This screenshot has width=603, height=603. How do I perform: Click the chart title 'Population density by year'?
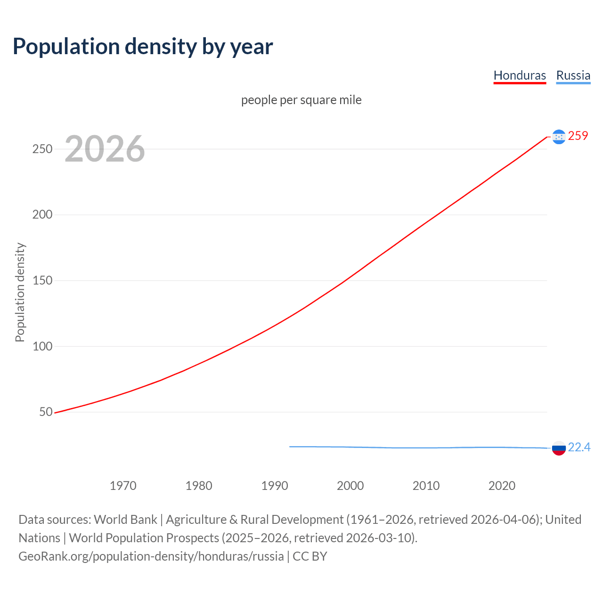click(143, 46)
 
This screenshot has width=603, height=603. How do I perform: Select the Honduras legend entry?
click(520, 75)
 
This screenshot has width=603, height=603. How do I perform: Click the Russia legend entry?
click(573, 75)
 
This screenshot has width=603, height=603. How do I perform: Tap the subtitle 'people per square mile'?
click(301, 100)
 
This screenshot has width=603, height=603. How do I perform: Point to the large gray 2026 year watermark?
click(105, 149)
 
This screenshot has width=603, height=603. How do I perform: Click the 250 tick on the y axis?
click(42, 149)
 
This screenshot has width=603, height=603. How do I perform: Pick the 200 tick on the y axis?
click(42, 215)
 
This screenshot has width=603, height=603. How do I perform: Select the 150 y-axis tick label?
click(42, 281)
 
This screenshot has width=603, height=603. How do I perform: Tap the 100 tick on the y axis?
click(42, 346)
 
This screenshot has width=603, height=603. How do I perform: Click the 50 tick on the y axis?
click(46, 412)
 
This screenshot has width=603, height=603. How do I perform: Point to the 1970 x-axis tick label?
click(123, 486)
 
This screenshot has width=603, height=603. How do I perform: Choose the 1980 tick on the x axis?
click(199, 486)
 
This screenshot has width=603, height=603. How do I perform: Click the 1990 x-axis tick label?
click(275, 486)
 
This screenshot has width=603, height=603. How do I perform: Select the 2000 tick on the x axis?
click(350, 486)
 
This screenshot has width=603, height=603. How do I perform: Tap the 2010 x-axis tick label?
click(426, 486)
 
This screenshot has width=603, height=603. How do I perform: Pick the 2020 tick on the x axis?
click(502, 486)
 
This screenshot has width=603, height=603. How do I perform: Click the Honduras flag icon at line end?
click(559, 137)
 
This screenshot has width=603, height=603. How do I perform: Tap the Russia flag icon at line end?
click(559, 448)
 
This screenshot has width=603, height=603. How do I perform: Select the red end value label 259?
click(578, 136)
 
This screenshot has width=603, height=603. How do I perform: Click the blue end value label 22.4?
click(579, 448)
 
